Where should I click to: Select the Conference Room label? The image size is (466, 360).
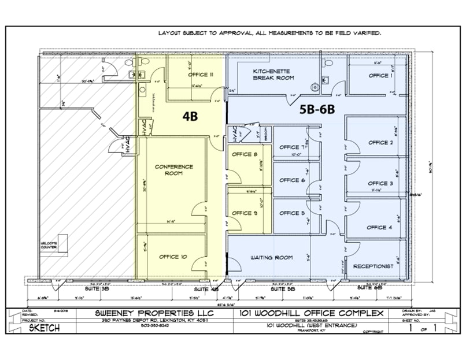tap(174, 170)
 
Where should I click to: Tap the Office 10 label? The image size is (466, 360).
tap(173, 257)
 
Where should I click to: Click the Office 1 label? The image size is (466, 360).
tap(380, 76)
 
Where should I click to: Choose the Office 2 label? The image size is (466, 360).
tap(380, 143)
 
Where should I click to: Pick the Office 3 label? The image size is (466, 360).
tap(380, 183)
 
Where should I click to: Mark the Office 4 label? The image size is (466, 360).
tap(379, 227)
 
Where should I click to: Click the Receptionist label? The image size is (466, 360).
tap(373, 266)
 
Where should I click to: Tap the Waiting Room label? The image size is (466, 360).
tap(272, 257)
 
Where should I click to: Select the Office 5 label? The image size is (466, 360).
tap(292, 213)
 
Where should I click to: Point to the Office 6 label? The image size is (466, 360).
tap(292, 180)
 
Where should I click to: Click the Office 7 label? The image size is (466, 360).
tap(292, 147)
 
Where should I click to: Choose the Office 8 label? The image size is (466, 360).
tap(245, 154)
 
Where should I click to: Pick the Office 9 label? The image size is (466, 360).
tap(245, 213)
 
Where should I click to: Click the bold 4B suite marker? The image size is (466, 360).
tap(190, 116)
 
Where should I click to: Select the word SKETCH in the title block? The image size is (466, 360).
tap(45, 327)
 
